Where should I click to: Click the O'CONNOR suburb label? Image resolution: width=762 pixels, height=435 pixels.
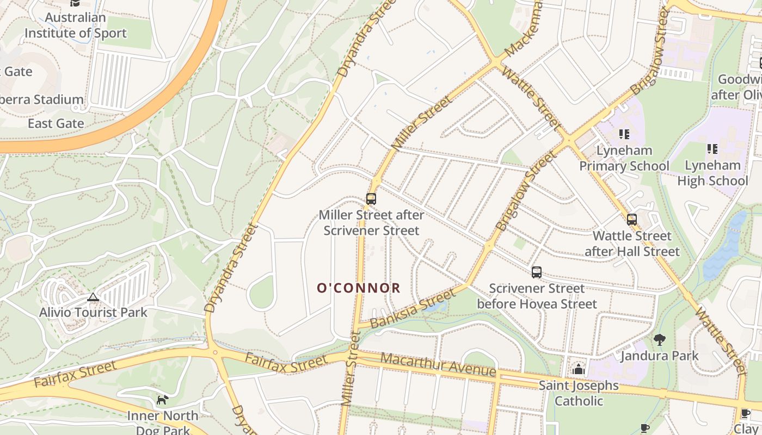pyautogui.click(x=359, y=288)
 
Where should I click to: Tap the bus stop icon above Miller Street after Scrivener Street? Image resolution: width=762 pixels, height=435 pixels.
pyautogui.click(x=371, y=199)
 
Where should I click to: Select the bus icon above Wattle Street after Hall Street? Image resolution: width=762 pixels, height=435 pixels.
pyautogui.click(x=632, y=220)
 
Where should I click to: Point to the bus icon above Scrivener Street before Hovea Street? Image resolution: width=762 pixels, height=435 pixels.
pyautogui.click(x=537, y=272)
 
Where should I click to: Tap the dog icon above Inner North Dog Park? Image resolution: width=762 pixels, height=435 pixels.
pyautogui.click(x=162, y=400)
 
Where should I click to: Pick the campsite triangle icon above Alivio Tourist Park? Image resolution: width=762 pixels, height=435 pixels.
pyautogui.click(x=93, y=297)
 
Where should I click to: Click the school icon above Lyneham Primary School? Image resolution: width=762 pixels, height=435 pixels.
pyautogui.click(x=624, y=134)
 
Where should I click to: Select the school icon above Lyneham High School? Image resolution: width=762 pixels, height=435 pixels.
pyautogui.click(x=712, y=148)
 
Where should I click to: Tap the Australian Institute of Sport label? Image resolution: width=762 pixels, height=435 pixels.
pyautogui.click(x=75, y=25)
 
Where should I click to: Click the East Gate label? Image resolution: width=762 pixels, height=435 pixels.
pyautogui.click(x=56, y=123)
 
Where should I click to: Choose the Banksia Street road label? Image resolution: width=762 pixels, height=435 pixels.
pyautogui.click(x=413, y=309)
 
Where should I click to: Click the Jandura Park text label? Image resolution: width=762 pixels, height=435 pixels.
pyautogui.click(x=660, y=356)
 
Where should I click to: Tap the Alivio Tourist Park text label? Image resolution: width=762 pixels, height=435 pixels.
pyautogui.click(x=93, y=312)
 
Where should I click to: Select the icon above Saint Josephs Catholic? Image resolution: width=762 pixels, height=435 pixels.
pyautogui.click(x=578, y=370)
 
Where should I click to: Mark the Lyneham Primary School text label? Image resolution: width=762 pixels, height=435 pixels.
pyautogui.click(x=624, y=158)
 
